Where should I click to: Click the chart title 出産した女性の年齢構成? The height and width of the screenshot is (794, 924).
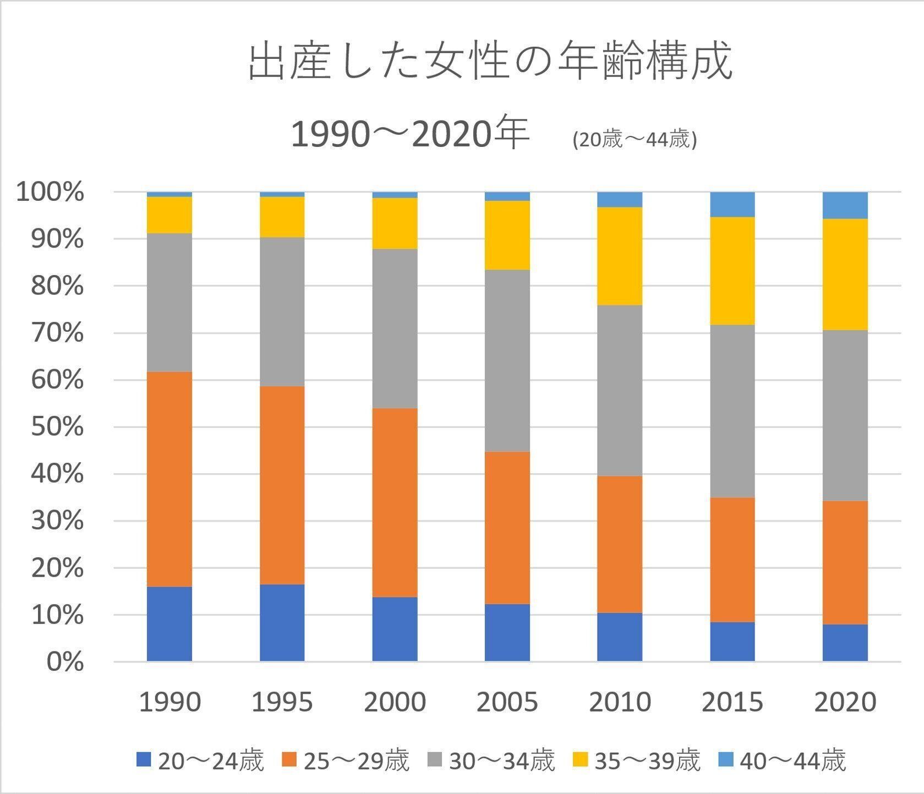point(490,62)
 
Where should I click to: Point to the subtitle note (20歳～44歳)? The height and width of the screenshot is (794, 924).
point(635,140)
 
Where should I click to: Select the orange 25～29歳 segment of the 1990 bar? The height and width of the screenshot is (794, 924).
point(170,479)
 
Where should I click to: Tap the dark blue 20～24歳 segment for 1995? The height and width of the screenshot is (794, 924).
point(282,622)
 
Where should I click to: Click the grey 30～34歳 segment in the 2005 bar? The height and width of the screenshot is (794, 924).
point(507,360)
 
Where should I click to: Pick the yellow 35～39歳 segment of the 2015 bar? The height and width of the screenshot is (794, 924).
point(732,271)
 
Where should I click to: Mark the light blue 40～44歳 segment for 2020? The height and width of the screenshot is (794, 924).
point(845,205)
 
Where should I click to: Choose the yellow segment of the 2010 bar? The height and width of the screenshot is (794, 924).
point(620,256)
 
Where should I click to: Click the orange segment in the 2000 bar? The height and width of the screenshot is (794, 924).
point(395,502)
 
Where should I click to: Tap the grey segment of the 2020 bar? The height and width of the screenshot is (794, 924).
point(845,415)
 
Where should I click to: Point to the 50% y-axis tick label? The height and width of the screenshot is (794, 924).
point(57,427)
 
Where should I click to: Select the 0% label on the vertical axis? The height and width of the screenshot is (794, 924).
point(65,662)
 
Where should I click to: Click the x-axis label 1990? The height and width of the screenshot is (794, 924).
point(170,702)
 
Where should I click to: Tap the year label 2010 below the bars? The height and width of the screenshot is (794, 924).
point(620,702)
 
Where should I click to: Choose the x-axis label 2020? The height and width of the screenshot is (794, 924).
point(845,702)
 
